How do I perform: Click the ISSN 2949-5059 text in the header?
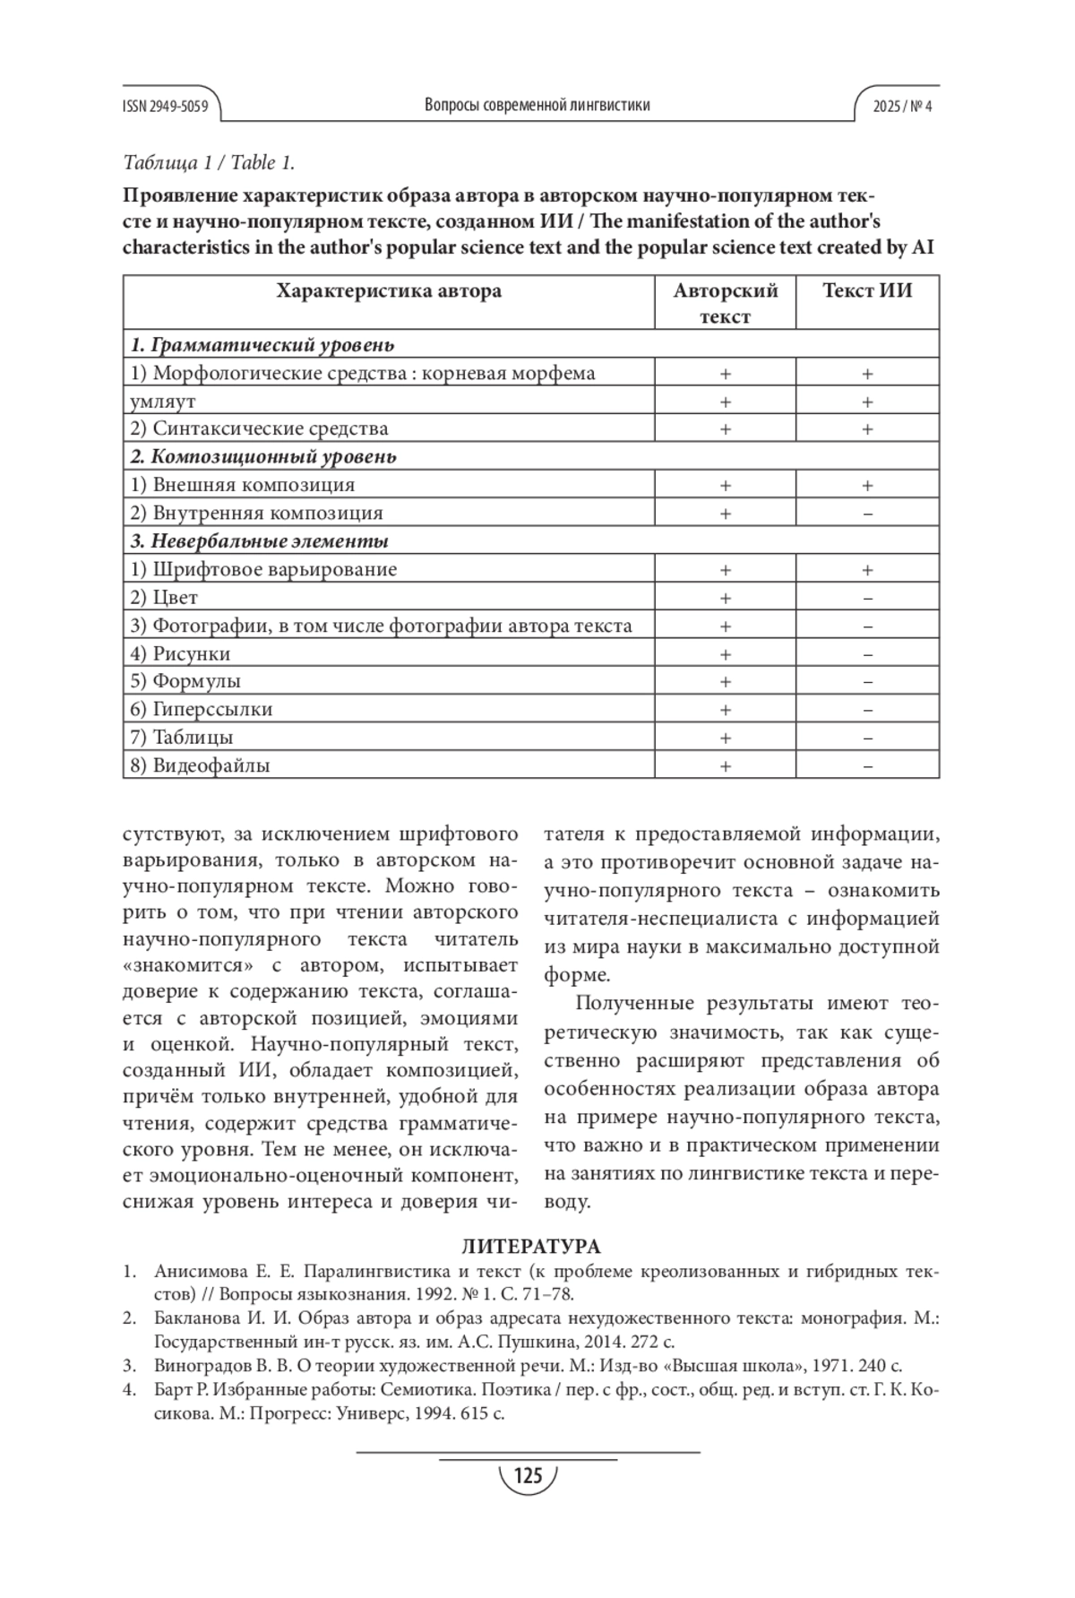[166, 106]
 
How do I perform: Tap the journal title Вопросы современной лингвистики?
[537, 105]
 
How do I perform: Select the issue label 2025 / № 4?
[903, 106]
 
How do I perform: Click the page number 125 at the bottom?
[529, 1475]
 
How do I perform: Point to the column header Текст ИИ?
[867, 291]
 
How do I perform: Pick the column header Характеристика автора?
[389, 291]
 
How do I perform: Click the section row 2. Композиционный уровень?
[263, 457]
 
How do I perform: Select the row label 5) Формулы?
[185, 681]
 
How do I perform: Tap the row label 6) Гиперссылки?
[202, 709]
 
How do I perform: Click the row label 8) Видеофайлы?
[200, 765]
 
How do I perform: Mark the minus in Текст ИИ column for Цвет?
[867, 598]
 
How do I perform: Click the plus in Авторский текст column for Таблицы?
[726, 738]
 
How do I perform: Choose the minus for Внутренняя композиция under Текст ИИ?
[867, 514]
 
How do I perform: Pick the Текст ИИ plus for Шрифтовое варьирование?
[867, 570]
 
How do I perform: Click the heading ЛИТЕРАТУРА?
[531, 1247]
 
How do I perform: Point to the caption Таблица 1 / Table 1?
[209, 163]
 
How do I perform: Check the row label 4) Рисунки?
[180, 653]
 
